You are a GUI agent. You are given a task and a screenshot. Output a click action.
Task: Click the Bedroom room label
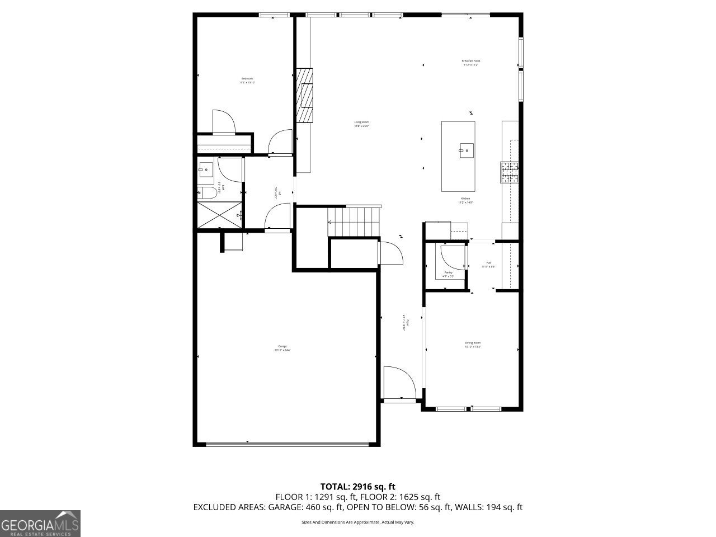point(247,81)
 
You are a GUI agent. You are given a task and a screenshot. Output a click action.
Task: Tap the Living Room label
point(361,124)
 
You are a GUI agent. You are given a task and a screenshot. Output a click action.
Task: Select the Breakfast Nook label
point(470,63)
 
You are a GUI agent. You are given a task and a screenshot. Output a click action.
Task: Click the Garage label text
point(282,348)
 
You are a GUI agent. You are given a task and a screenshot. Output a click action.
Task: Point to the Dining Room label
point(473,345)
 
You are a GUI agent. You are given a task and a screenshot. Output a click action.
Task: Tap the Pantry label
point(448,274)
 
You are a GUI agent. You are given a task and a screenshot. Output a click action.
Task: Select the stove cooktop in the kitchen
point(509,173)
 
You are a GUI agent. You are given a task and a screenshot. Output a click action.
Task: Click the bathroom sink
point(205,168)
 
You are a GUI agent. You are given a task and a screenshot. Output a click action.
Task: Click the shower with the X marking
point(219,215)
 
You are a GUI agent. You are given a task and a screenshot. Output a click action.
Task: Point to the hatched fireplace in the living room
point(305,95)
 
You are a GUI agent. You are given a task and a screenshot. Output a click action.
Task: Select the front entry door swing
point(399,383)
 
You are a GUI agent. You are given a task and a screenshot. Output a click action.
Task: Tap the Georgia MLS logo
point(40,524)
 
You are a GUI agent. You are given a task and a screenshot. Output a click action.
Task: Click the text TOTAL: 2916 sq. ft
point(357,486)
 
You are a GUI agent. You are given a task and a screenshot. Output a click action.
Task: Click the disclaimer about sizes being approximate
point(357,522)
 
